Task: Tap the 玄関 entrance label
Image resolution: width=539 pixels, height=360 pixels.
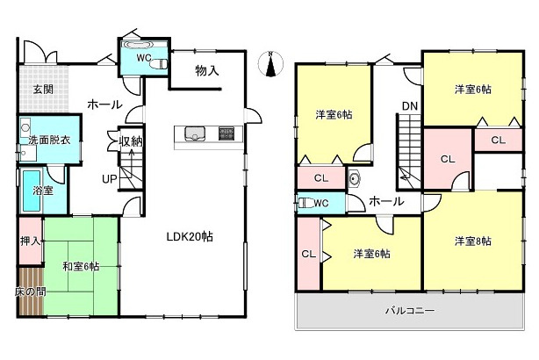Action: tap(44, 89)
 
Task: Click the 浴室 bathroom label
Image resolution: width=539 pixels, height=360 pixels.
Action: tap(43, 190)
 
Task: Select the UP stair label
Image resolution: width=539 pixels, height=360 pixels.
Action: tap(109, 179)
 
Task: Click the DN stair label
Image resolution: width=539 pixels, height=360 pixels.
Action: tap(409, 107)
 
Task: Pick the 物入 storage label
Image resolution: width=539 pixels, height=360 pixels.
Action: tap(206, 70)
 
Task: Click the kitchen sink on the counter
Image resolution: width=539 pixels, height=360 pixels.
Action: tap(195, 133)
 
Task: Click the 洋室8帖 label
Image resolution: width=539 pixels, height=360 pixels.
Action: tap(472, 241)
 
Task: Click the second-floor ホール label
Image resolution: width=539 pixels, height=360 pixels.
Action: tap(386, 201)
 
